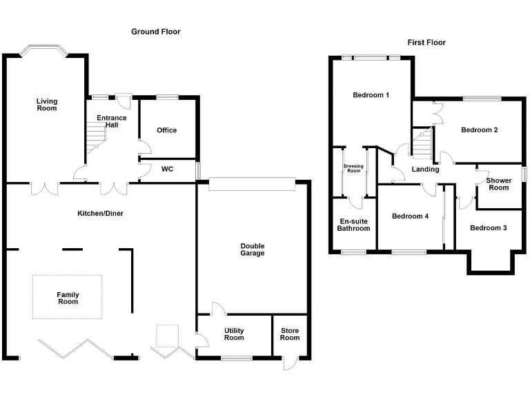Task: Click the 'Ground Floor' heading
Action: coord(156,32)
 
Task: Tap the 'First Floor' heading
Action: coord(426,43)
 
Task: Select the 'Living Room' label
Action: coord(47,105)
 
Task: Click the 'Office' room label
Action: coord(166,130)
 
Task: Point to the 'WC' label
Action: coord(167,169)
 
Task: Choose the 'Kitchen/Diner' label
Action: coord(100,213)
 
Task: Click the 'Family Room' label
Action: coord(68,298)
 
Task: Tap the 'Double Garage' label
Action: coord(253,250)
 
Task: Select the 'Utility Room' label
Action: coord(234,334)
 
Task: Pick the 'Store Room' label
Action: coord(290,334)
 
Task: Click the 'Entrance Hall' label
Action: coord(111,122)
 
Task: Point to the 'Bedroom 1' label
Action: coord(371,95)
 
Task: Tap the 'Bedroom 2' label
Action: coord(480,130)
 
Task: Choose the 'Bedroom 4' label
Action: coord(411,216)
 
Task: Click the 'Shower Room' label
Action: coord(498,184)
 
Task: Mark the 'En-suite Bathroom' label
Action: coord(353,225)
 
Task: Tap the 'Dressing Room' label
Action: coord(353,168)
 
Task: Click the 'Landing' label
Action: coord(425,170)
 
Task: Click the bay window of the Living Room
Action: coord(44,50)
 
